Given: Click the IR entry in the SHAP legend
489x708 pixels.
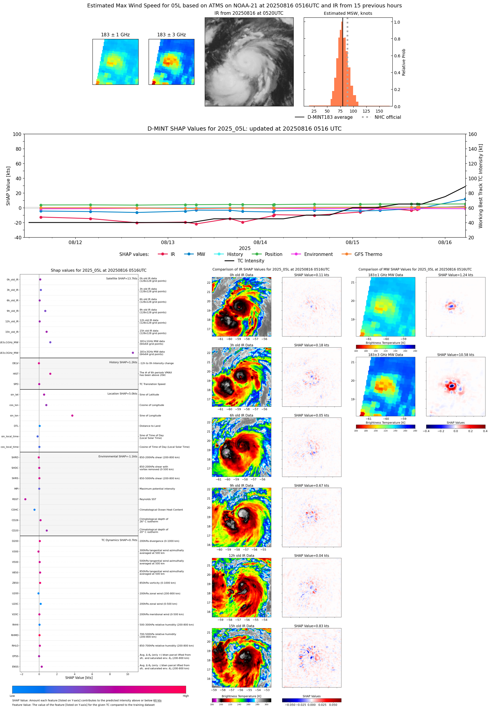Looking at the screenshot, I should coord(173,254).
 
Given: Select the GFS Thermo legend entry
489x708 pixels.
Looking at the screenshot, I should coord(368,254).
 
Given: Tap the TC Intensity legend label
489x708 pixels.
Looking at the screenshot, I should coord(250,261).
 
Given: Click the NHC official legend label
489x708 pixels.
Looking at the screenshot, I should coord(387,117).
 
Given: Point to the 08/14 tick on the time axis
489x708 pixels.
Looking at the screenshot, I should coord(260,242).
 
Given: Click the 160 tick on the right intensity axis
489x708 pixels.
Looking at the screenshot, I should coord(472,134).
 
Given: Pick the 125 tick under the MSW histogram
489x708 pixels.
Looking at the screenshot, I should coord(366,111).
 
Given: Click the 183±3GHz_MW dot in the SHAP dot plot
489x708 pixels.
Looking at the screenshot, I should coord(133,353).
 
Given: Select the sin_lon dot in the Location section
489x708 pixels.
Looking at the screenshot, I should coord(72,415).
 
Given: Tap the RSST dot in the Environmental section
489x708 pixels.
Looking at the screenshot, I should coord(25,499).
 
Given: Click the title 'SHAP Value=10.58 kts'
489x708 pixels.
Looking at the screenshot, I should coord(455,355).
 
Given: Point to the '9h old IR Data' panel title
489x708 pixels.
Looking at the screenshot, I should coord(241,485).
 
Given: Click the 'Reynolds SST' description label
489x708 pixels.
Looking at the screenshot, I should coord(148,499).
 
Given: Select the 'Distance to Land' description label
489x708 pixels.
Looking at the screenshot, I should coord(150,426).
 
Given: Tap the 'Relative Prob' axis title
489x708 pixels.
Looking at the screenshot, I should coord(404,62).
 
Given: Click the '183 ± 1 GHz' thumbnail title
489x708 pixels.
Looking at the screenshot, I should coord(115,35).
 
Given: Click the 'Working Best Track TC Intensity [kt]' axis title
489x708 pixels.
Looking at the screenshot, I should coord(480,186).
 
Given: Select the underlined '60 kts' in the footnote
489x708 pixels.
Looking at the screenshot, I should coord(157,700).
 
